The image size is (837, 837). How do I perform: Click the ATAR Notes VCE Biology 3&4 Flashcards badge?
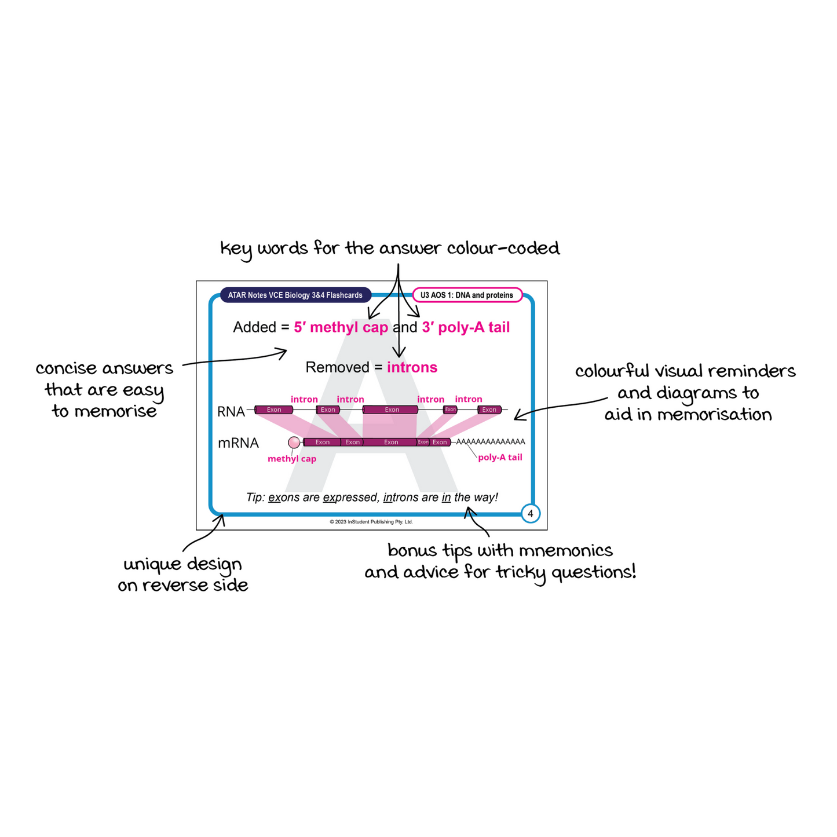(x=295, y=295)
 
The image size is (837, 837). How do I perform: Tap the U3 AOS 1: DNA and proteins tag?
(x=467, y=295)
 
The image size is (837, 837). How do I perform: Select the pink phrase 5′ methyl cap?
(x=341, y=328)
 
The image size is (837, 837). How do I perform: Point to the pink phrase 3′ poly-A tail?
(x=466, y=328)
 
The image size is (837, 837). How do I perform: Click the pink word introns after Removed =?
(x=412, y=368)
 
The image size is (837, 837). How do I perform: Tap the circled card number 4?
(x=530, y=514)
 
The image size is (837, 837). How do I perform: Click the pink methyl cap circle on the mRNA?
(x=294, y=443)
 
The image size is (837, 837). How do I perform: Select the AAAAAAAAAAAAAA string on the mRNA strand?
(x=491, y=442)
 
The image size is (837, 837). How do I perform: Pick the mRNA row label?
(x=238, y=443)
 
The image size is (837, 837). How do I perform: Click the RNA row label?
(x=231, y=412)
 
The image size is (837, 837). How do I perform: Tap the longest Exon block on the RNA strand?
(x=391, y=410)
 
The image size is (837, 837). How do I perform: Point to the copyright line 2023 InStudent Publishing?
(x=371, y=522)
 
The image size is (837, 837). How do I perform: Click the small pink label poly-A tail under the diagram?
(x=500, y=458)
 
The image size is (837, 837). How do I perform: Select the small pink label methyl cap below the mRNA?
(x=292, y=459)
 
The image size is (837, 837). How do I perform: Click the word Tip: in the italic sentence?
(x=255, y=498)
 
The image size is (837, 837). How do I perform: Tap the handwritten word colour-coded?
(x=503, y=248)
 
